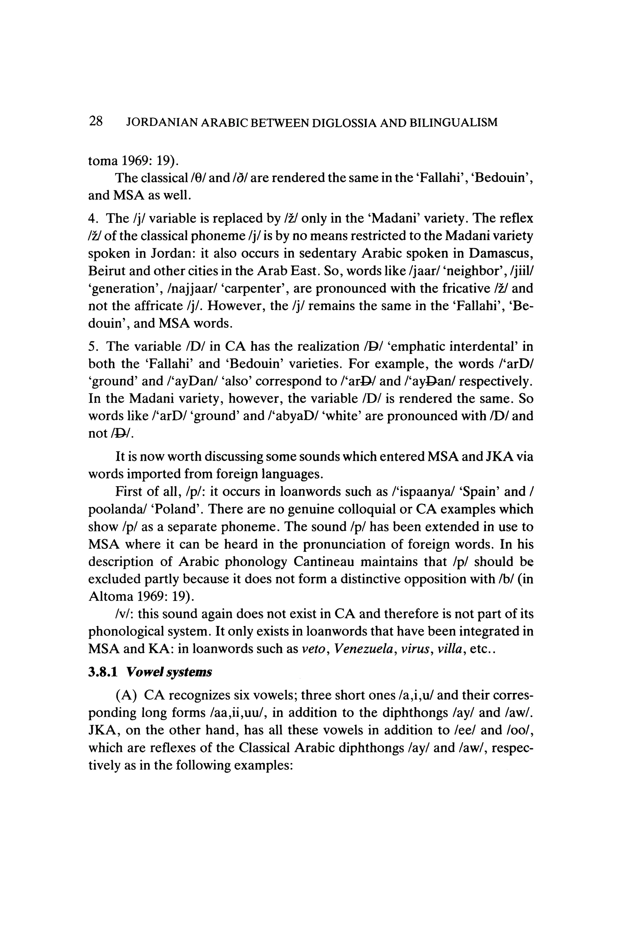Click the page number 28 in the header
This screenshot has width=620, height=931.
click(x=96, y=121)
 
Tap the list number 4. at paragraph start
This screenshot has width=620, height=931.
click(x=93, y=219)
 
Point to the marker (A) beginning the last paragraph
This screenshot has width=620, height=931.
click(x=125, y=696)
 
